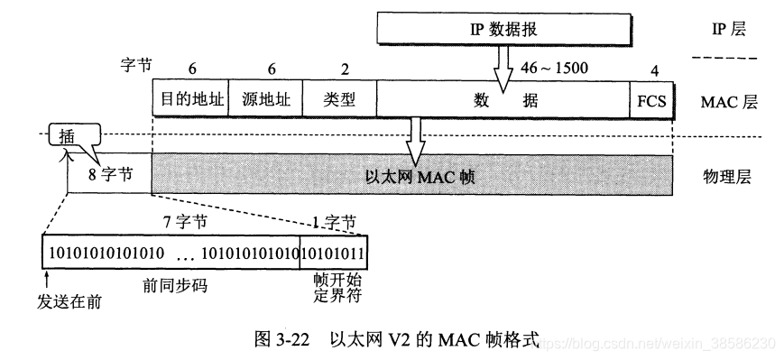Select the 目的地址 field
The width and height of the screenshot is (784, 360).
tap(190, 101)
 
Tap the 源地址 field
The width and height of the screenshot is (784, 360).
tap(266, 101)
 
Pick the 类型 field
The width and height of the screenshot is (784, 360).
tap(340, 101)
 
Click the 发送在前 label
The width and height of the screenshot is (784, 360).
tap(69, 299)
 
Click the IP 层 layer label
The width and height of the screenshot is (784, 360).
tap(727, 30)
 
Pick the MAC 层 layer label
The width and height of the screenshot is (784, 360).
tap(727, 101)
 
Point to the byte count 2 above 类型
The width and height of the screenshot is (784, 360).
tap(340, 69)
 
